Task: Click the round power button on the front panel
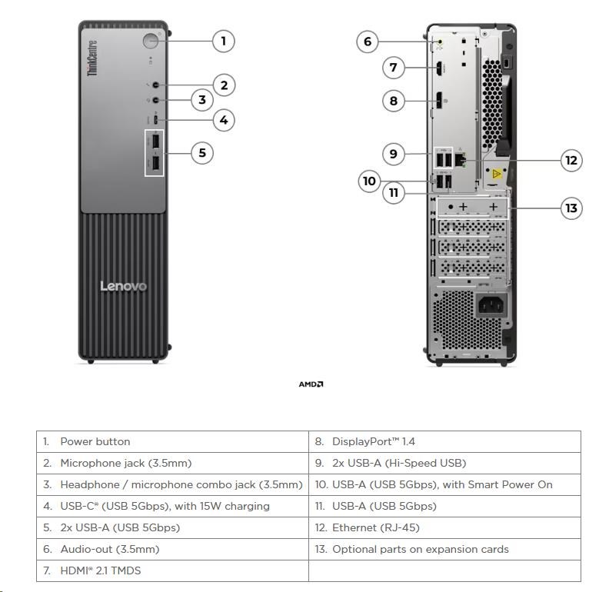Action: point(150,41)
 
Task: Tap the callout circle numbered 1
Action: point(223,41)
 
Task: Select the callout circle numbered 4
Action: point(223,120)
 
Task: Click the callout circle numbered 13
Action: point(571,208)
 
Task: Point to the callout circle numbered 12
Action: point(571,161)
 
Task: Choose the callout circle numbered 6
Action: point(368,42)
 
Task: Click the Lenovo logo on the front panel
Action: point(123,287)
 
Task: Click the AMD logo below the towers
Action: point(311,384)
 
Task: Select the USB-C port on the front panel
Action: point(156,120)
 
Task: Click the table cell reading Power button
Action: point(172,441)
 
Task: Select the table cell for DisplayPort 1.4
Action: point(444,441)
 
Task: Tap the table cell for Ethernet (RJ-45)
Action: point(444,527)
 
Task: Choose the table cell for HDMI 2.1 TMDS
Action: point(172,570)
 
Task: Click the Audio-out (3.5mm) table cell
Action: point(172,549)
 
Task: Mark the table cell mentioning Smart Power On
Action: point(444,484)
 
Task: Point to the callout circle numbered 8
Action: point(394,100)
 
